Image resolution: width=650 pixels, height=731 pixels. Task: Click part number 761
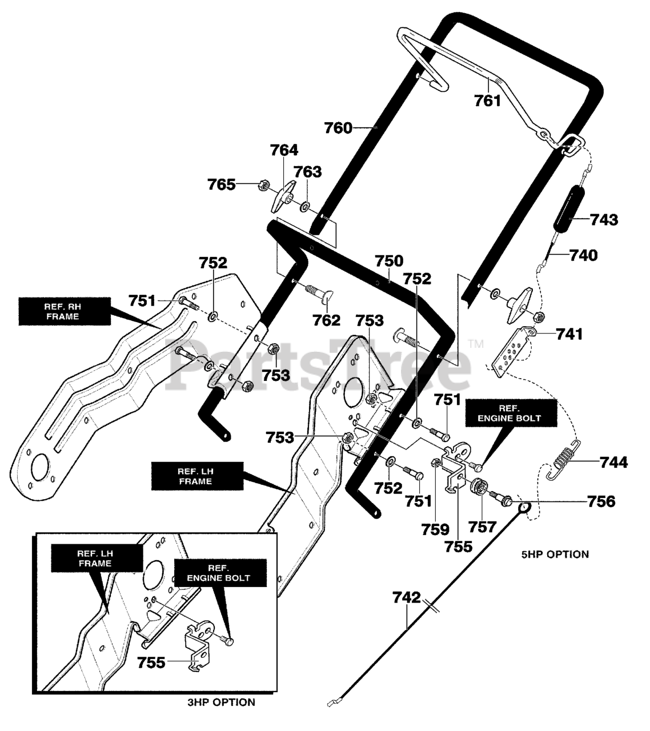[487, 101]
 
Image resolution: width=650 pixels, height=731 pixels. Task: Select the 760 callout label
[338, 128]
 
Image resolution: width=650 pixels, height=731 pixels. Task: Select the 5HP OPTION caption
[555, 554]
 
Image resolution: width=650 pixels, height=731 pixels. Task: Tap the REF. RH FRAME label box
[65, 312]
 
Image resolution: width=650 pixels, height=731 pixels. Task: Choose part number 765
[221, 184]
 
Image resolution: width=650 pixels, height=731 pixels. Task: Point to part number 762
[326, 320]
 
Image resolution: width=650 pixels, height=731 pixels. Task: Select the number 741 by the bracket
[569, 334]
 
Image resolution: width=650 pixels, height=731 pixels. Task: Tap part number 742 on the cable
[407, 598]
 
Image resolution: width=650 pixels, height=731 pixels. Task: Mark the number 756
[601, 501]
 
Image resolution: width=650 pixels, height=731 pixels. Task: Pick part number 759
[435, 529]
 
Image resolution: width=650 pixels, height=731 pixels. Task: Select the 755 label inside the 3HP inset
[151, 663]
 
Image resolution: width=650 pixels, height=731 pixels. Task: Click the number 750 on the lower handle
[389, 261]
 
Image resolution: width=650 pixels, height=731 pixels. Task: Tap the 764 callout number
[284, 150]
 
